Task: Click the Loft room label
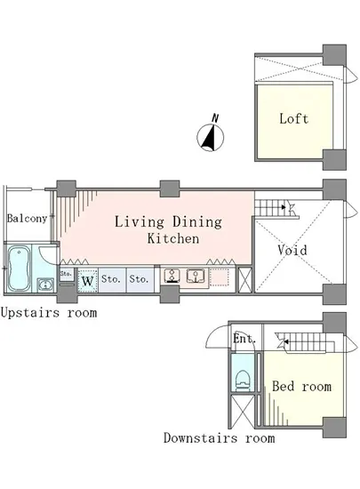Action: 293,119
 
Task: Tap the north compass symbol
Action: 211,138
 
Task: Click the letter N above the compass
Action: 215,118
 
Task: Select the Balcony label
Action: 28,219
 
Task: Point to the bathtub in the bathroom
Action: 19,269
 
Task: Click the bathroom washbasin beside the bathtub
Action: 45,285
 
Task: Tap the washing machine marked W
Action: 88,280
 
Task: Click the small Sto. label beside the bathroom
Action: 66,274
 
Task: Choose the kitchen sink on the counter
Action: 196,276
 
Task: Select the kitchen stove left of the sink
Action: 172,276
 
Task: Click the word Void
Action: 292,250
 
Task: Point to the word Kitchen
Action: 173,238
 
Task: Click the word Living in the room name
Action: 140,222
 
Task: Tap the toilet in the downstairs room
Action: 244,381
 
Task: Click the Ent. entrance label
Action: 244,339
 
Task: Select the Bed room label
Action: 301,387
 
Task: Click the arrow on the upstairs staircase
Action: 283,207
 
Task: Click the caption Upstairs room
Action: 49,313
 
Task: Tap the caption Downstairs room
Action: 220,438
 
